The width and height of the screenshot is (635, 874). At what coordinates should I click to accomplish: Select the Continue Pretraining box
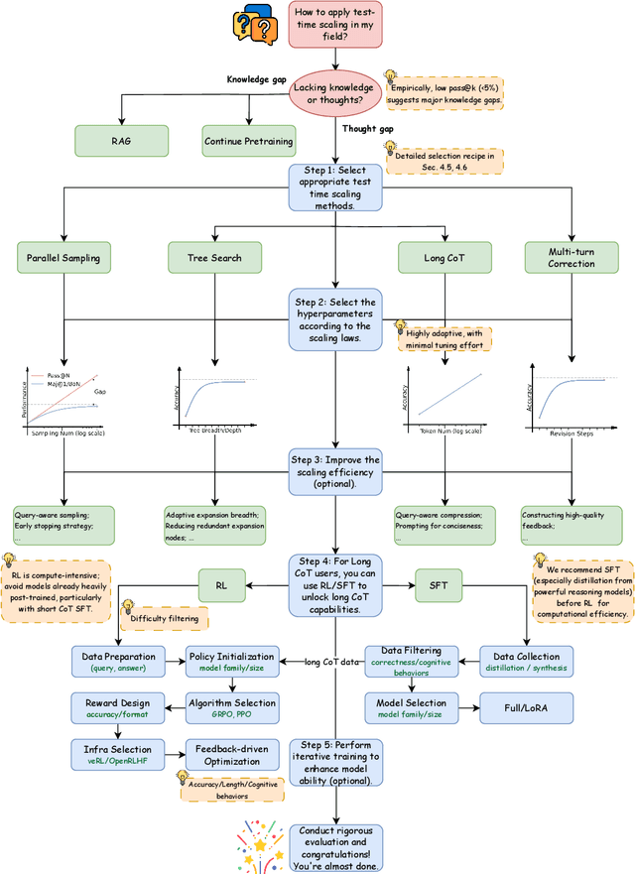pyautogui.click(x=248, y=141)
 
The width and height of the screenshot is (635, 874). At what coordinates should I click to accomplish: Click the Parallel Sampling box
pyautogui.click(x=62, y=259)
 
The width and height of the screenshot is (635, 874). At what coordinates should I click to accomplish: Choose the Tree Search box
pyautogui.click(x=214, y=259)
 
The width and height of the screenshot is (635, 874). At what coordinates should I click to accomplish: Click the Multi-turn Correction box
pyautogui.click(x=571, y=258)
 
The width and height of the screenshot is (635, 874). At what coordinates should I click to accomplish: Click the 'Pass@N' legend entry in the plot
pyautogui.click(x=57, y=376)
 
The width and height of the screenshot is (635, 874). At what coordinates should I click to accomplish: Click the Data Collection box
pyautogui.click(x=526, y=662)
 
